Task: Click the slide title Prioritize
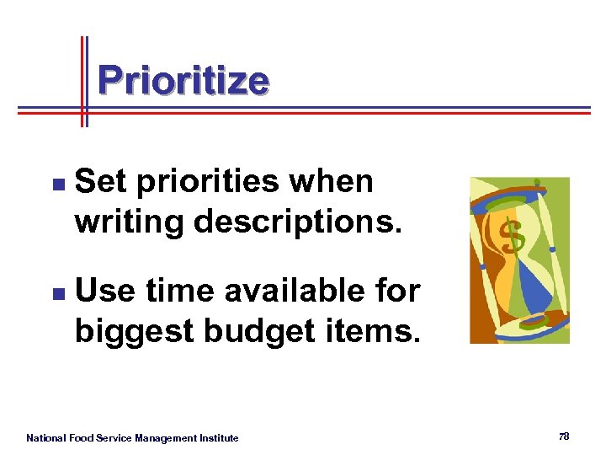click(183, 81)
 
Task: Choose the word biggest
click(131, 331)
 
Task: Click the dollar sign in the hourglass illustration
click(513, 237)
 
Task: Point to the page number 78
click(563, 436)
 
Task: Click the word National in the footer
click(47, 437)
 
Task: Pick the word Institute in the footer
click(219, 437)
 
